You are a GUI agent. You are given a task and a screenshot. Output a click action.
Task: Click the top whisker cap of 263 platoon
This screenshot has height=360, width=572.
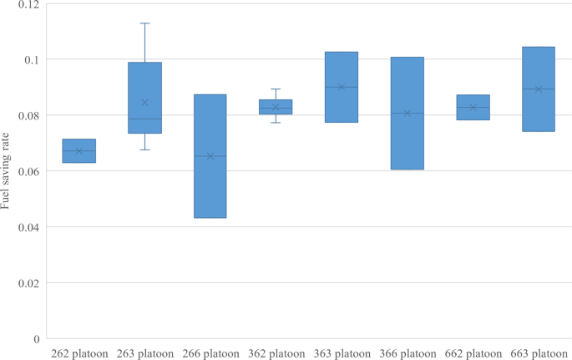[144, 23]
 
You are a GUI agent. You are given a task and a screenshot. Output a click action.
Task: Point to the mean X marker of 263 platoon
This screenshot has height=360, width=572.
[144, 103]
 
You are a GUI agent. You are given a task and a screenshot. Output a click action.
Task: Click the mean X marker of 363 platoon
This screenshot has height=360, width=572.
[342, 87]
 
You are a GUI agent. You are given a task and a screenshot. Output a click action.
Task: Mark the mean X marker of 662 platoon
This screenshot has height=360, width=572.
[473, 107]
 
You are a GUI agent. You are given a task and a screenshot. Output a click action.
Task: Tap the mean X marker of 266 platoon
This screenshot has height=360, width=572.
[210, 156]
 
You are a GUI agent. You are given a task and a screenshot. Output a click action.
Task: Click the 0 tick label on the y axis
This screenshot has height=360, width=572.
[37, 339]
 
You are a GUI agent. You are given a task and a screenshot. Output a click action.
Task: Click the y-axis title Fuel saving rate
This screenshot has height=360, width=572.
[7, 171]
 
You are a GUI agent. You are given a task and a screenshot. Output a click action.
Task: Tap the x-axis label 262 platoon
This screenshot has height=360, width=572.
[79, 353]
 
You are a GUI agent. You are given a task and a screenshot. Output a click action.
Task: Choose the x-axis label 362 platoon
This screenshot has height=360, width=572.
[276, 353]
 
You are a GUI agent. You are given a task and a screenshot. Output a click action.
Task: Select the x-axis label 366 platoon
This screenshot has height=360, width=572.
[407, 353]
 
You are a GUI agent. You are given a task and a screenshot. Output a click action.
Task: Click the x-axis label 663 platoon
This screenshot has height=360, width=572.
[538, 353]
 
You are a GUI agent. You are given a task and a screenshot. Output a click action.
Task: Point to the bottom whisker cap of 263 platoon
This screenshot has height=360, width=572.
[144, 150]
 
